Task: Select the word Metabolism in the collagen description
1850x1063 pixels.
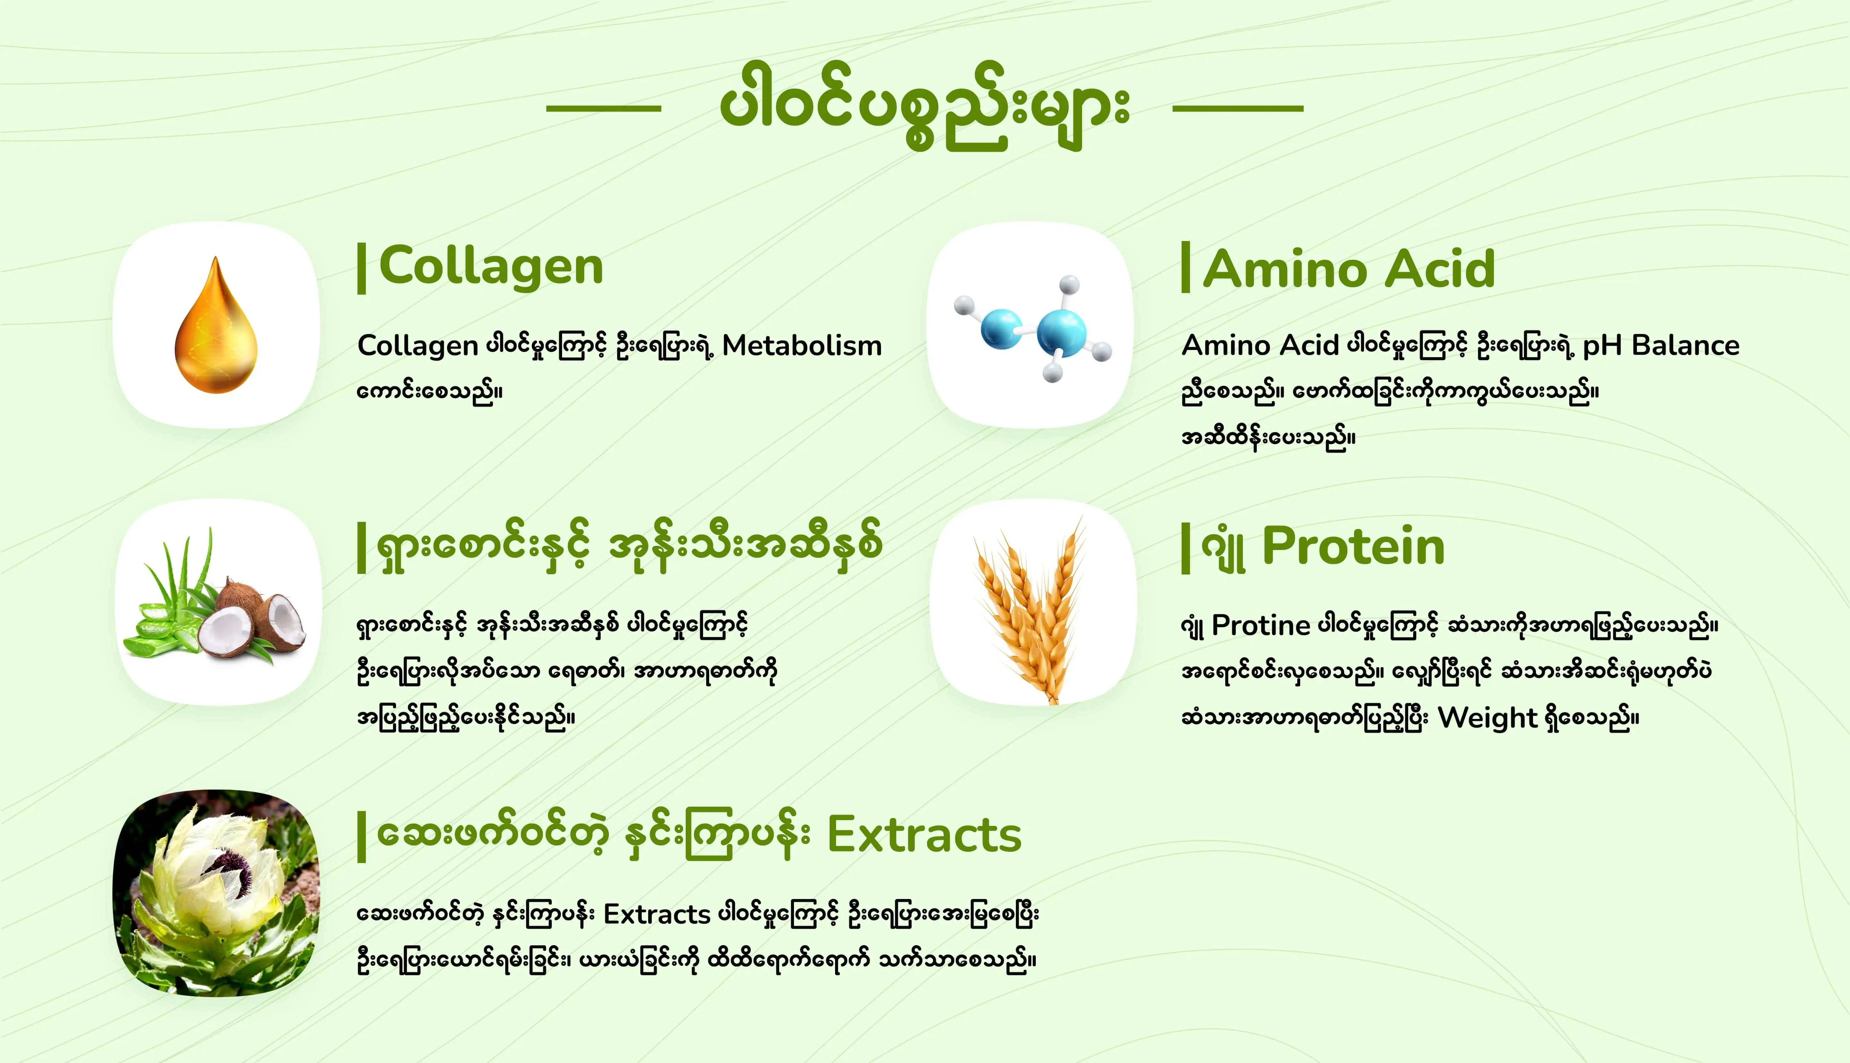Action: (802, 345)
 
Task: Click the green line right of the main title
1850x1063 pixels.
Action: (1238, 108)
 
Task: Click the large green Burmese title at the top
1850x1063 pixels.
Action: (925, 106)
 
